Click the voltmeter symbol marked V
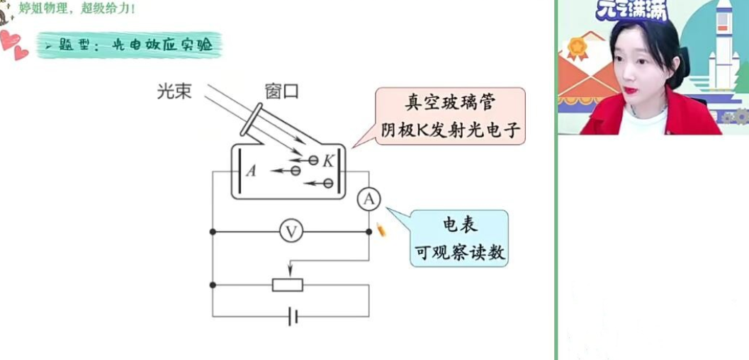point(291,232)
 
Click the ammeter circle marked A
point(368,201)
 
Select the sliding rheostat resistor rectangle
point(288,285)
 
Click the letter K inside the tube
point(328,161)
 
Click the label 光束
point(174,91)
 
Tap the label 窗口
point(281,91)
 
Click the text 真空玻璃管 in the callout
point(449,103)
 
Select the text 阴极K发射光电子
point(451,129)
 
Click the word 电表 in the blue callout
point(460,225)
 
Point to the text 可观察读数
point(460,252)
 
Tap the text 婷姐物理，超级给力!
point(78,9)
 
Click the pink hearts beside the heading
point(13,45)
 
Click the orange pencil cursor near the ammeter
point(381,230)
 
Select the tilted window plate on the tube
point(254,119)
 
